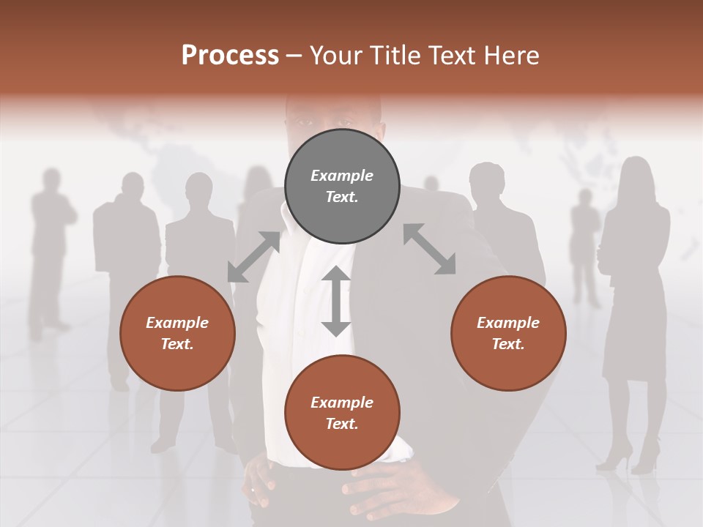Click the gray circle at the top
pyautogui.click(x=342, y=187)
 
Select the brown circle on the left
pyautogui.click(x=177, y=334)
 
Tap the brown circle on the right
pyautogui.click(x=508, y=334)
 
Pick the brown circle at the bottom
pyautogui.click(x=342, y=413)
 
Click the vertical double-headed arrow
pyautogui.click(x=336, y=301)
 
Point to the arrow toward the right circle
pyautogui.click(x=429, y=250)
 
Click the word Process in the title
pyautogui.click(x=230, y=56)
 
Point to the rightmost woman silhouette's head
pyautogui.click(x=636, y=173)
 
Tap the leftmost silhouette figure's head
pyautogui.click(x=51, y=179)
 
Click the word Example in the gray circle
pyautogui.click(x=342, y=176)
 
